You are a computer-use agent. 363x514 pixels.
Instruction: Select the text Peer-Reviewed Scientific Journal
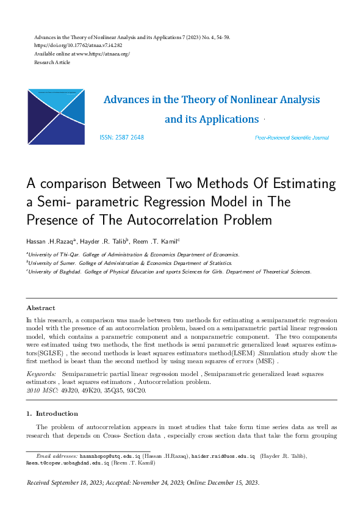pyautogui.click(x=292, y=139)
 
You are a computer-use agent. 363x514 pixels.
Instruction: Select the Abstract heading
pyautogui.click(x=40, y=308)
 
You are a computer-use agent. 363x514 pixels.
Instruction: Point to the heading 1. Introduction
pyautogui.click(x=52, y=413)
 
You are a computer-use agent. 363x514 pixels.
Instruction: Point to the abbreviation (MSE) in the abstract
pyautogui.click(x=267, y=361)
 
